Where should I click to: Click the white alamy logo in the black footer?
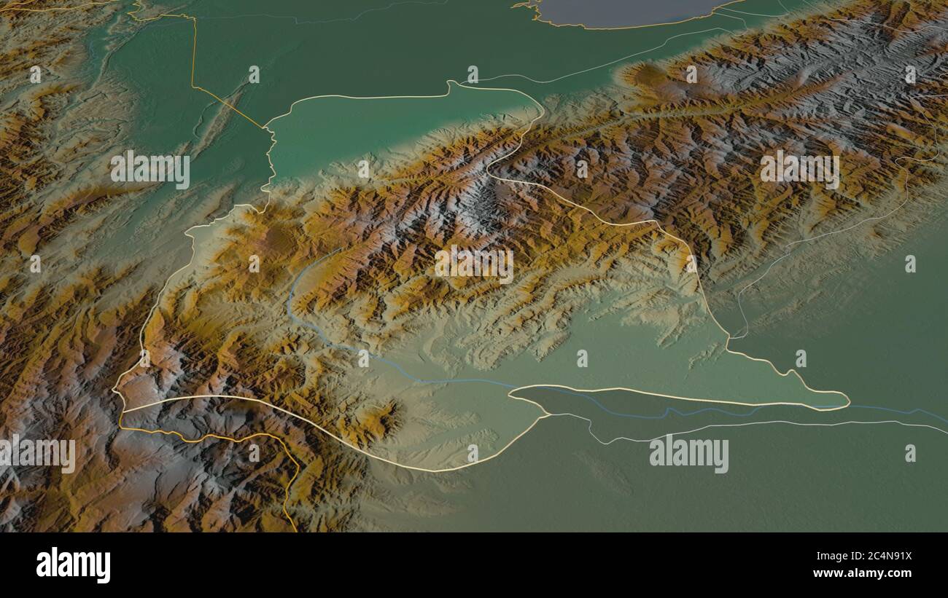tap(74, 565)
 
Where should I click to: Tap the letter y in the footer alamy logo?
tap(104, 567)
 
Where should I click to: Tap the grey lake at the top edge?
tap(627, 12)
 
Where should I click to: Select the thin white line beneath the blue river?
tap(729, 423)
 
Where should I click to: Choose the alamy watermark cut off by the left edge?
tap(36, 455)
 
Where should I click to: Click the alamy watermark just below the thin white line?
tap(688, 455)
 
